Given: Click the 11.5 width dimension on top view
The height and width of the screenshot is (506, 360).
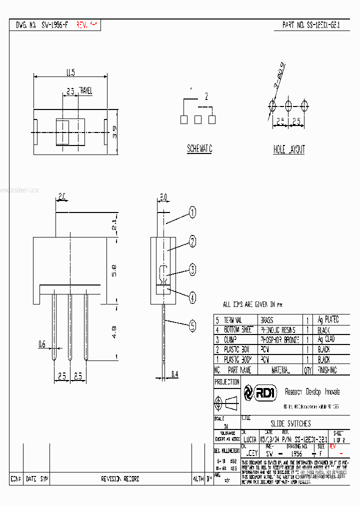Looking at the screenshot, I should pos(70,73).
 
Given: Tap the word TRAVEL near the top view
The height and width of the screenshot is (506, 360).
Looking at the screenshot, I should pos(85,90).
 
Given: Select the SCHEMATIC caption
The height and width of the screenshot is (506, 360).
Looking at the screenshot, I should pos(199,149).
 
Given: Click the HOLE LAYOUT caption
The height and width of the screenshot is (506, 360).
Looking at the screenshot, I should pos(288,149).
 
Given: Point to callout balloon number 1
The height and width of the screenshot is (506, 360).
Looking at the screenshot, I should pos(192,213).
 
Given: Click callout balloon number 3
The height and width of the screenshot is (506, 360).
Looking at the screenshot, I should pos(192,270).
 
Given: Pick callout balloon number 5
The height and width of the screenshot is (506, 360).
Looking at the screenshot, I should pos(192,327).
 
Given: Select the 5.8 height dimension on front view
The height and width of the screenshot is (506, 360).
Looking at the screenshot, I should pos(114,270).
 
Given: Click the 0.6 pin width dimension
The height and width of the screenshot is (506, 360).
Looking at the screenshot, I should pos(42,344).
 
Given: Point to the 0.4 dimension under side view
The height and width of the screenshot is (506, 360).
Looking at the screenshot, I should pos(174,373).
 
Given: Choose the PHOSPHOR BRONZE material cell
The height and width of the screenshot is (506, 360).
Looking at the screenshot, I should pos(279,339).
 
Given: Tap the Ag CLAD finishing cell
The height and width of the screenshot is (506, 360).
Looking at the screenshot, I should pos(326,339).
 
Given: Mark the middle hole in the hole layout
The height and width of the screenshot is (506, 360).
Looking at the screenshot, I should pos(288,105).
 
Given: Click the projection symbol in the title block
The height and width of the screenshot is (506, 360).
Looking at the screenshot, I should pos(226,402).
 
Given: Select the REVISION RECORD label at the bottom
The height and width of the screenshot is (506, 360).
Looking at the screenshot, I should pos(119,478).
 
